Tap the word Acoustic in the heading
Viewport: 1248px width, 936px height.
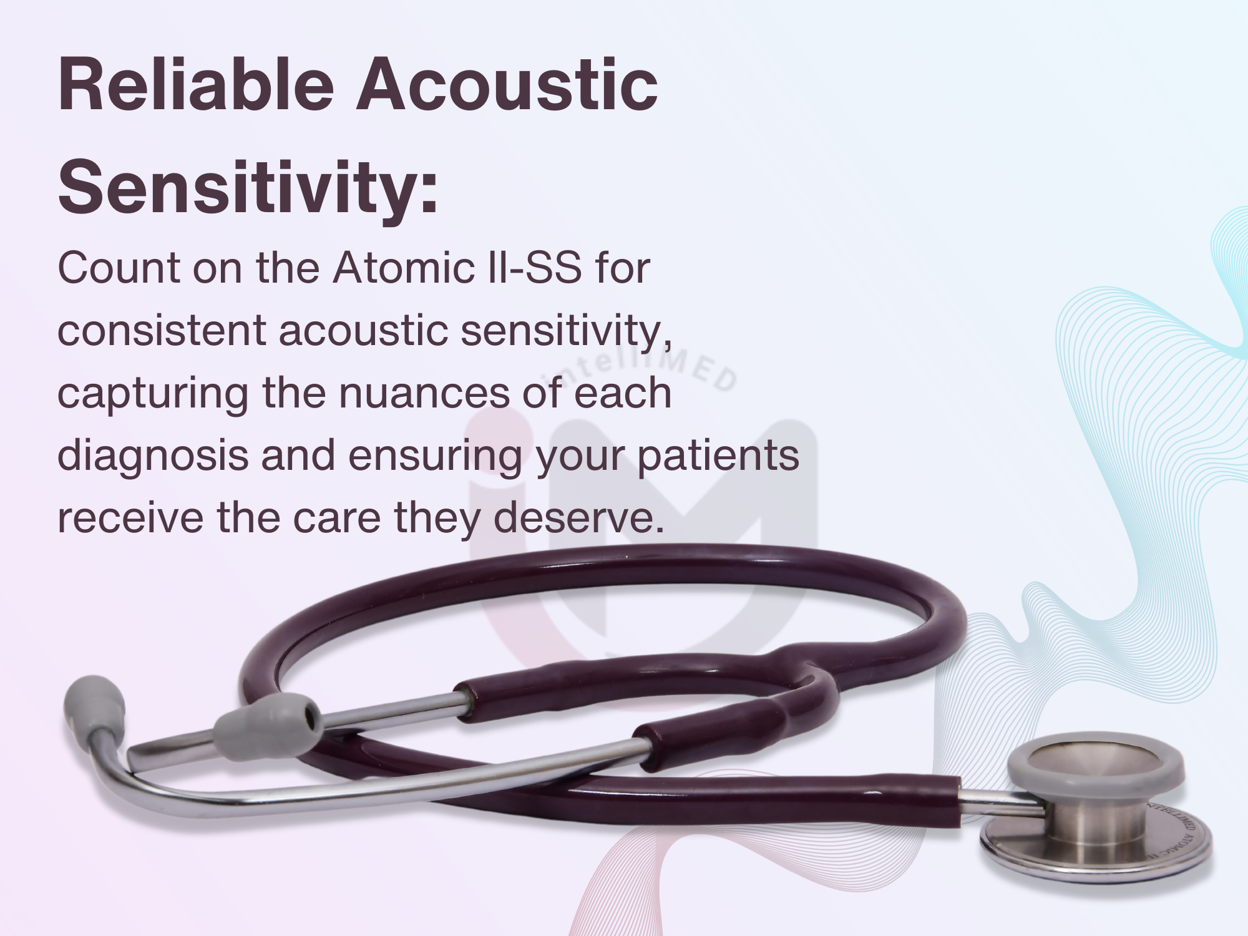[x=507, y=84]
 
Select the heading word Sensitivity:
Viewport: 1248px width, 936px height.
[x=248, y=186]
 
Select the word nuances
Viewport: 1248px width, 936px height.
[x=425, y=394]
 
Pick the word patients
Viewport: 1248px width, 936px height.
[x=718, y=456]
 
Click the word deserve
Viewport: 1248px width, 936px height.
[x=578, y=518]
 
